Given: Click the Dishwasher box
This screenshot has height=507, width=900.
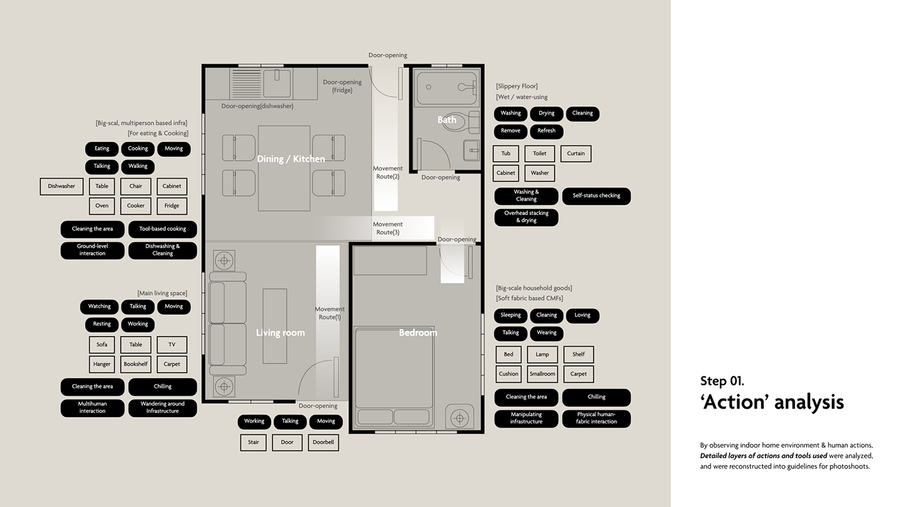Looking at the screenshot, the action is point(62,187).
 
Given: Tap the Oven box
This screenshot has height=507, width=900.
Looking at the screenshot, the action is point(102,206).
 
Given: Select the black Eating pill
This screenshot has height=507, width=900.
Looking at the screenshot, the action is point(102,149).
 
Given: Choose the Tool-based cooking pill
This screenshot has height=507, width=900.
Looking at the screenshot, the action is point(163,229).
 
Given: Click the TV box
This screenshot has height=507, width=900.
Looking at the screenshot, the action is point(172,345).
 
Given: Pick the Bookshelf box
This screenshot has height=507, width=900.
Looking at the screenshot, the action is point(136,364).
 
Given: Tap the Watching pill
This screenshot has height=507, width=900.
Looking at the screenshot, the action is point(99,306).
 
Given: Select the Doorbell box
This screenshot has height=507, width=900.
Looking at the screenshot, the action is point(323,442).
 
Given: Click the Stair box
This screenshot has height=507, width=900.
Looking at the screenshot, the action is point(253,442).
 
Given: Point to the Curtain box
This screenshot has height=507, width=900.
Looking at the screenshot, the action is point(576,154).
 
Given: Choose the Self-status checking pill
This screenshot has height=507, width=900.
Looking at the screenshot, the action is point(597,196).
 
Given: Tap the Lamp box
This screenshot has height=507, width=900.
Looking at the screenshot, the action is point(543,355).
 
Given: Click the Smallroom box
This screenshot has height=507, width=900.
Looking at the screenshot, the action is point(543,374).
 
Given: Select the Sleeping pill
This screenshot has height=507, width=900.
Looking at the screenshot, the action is point(510,315).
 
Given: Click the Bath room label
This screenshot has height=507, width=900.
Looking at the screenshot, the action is point(447,120).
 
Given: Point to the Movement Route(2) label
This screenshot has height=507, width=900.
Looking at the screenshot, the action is point(387,172).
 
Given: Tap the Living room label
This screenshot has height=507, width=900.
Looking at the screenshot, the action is point(280,333).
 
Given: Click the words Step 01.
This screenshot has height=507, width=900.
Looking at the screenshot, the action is point(722,381).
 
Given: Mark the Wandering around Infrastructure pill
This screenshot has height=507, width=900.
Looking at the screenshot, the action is point(163,408).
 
